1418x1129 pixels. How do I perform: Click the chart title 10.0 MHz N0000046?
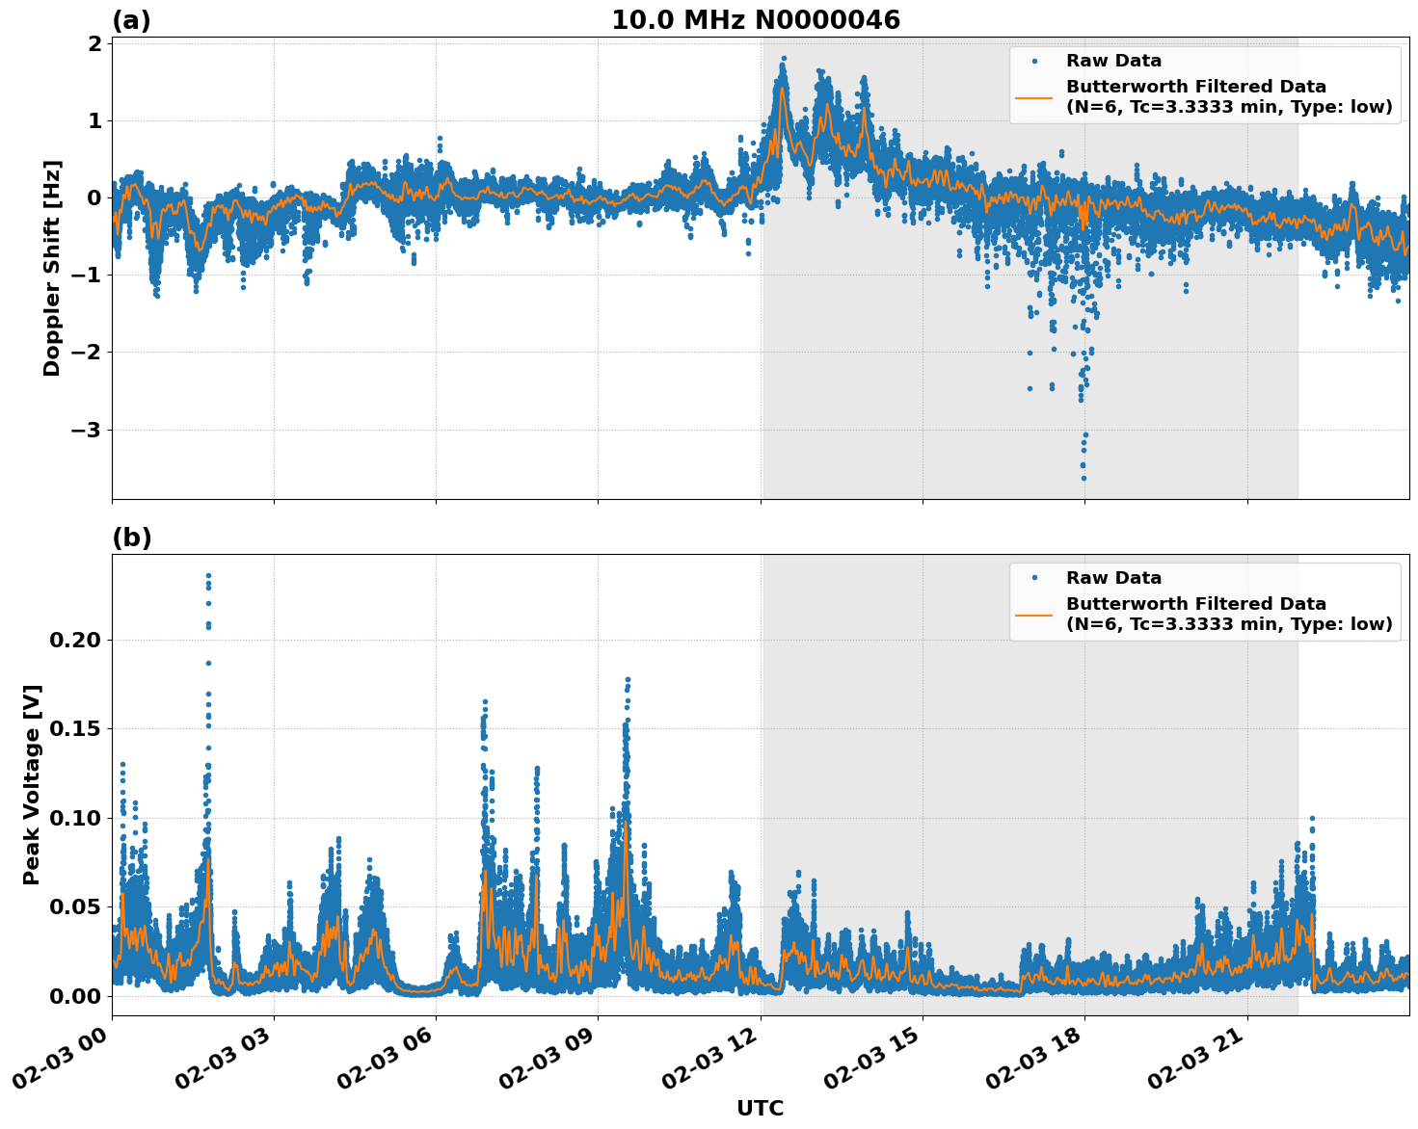[x=756, y=20]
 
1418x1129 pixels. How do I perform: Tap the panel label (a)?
[x=131, y=20]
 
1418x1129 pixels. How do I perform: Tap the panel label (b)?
[x=131, y=538]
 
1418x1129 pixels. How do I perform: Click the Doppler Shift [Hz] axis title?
[x=52, y=268]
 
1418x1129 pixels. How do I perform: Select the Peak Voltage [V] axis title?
[x=32, y=784]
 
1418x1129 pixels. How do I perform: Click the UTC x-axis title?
[x=760, y=1108]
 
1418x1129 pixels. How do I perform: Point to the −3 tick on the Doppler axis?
[x=86, y=430]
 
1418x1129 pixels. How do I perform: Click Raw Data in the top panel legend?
[x=1113, y=61]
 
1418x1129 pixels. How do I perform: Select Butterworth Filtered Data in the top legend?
[x=1195, y=87]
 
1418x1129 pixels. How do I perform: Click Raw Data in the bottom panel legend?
[x=1113, y=578]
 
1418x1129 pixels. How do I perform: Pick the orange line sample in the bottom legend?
[x=1034, y=614]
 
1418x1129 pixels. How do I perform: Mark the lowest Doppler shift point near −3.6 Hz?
[x=1084, y=478]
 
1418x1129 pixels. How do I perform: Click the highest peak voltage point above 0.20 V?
[x=208, y=576]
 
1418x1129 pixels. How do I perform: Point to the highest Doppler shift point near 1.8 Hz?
[x=783, y=59]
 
